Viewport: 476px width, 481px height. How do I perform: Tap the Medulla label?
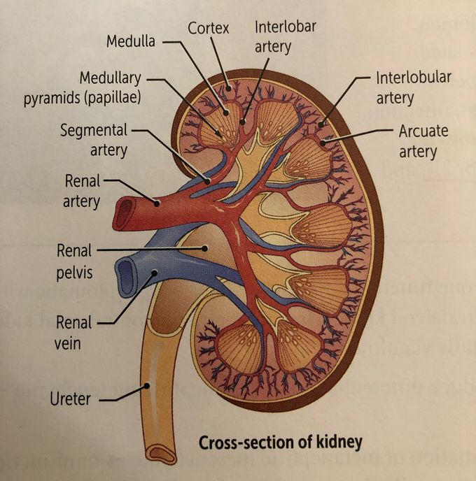tap(130, 41)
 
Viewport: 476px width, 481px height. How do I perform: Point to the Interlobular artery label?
tap(413, 87)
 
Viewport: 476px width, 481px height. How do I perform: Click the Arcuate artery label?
tap(422, 141)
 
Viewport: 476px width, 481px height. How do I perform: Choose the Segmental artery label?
tap(94, 140)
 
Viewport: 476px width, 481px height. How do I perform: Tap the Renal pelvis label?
tap(75, 261)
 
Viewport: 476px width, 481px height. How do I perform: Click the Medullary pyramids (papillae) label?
tap(83, 86)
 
